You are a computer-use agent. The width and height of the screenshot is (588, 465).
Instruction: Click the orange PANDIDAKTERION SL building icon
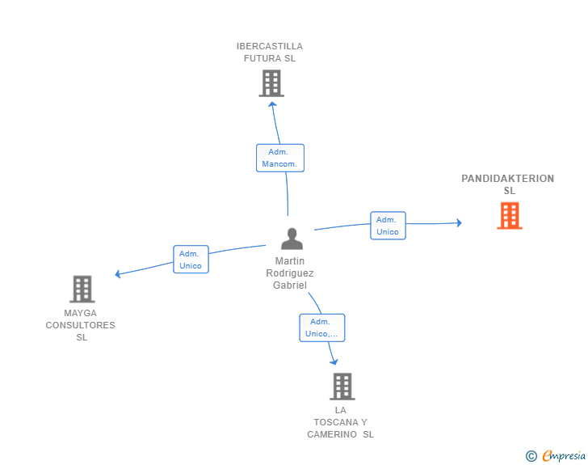click(510, 216)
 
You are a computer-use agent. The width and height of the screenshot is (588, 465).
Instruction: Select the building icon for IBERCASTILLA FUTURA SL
click(271, 83)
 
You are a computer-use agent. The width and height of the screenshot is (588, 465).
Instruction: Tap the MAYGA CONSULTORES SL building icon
click(82, 290)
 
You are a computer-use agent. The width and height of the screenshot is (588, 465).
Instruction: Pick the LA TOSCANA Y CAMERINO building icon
click(342, 387)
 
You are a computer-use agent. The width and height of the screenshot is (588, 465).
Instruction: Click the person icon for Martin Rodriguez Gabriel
click(292, 239)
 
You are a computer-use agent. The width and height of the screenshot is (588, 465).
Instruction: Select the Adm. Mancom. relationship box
click(280, 159)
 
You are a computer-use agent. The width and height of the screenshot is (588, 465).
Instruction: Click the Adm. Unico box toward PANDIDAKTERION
click(388, 226)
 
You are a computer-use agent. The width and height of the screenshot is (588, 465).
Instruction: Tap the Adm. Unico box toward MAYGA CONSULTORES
click(191, 259)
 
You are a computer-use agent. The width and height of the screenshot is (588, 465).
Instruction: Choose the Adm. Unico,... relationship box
click(322, 328)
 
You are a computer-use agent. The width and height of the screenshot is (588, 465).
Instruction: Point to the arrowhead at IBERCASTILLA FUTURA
click(273, 104)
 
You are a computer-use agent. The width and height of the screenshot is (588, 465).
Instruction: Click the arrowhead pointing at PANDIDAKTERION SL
click(459, 222)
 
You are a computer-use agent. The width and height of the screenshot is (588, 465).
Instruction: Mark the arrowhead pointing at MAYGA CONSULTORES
click(118, 274)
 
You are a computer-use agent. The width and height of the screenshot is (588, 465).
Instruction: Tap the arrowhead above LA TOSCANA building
click(334, 362)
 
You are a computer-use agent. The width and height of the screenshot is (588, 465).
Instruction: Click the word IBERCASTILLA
click(270, 46)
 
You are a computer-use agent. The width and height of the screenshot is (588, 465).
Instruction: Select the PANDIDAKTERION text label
click(508, 179)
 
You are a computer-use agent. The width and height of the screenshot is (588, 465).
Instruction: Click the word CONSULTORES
click(80, 325)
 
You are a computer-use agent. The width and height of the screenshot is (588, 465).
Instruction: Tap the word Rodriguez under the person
click(290, 273)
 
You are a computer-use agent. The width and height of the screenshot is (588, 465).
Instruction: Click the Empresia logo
click(564, 456)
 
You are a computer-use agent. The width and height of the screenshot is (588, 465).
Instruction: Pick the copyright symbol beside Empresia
click(531, 456)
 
